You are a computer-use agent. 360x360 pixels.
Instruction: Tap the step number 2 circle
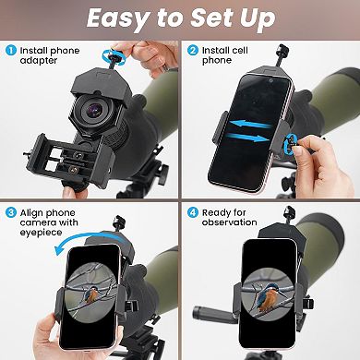194,52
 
